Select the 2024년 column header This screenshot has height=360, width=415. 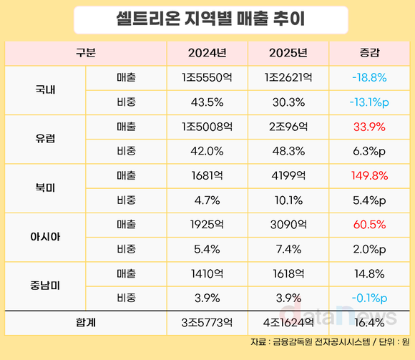207,52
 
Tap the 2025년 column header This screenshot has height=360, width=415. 288,52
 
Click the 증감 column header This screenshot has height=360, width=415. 369,52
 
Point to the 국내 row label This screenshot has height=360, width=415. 45,89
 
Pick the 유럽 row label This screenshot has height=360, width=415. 45,139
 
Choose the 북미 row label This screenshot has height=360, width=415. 45,188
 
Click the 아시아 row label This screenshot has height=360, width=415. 45,237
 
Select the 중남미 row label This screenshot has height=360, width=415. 45,286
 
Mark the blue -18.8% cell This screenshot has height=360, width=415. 369,77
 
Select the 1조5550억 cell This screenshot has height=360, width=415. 207,77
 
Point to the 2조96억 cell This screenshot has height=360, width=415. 288,127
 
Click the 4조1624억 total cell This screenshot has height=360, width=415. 288,323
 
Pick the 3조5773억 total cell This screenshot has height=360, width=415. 207,323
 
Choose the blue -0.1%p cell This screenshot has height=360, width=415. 369,298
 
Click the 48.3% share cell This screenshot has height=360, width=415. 288,151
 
